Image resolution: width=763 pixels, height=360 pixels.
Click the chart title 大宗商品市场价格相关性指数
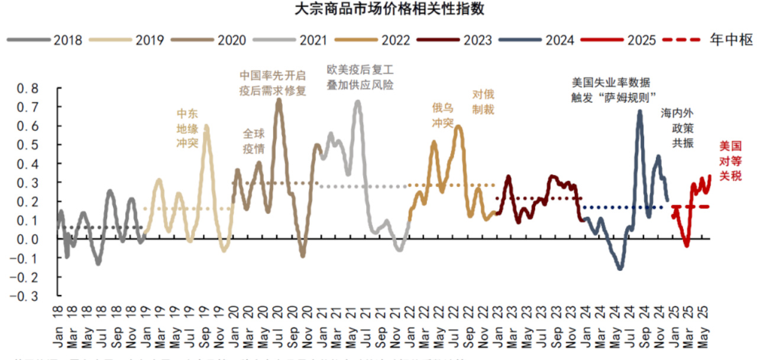[x=381, y=10]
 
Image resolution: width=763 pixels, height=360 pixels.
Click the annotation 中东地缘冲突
[x=187, y=128]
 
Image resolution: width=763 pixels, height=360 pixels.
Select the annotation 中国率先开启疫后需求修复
[x=273, y=83]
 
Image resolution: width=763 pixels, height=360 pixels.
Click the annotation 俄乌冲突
[x=442, y=115]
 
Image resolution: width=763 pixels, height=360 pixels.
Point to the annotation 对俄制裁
[x=483, y=102]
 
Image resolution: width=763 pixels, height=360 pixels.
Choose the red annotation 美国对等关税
[x=730, y=161]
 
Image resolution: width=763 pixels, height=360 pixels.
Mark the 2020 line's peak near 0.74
[x=279, y=100]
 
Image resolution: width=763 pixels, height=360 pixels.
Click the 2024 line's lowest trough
[x=620, y=268]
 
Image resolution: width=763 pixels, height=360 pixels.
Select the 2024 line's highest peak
[x=639, y=111]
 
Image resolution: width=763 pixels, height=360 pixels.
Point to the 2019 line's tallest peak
[x=206, y=126]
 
